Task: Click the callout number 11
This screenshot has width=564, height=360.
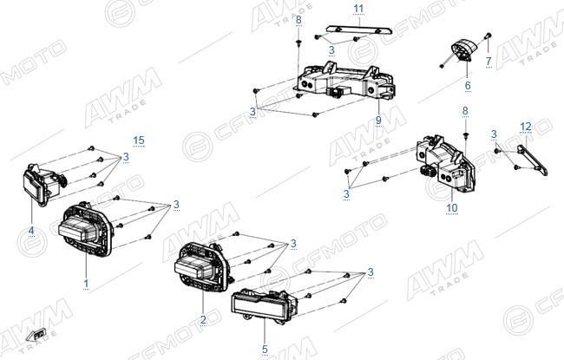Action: pos(358,9)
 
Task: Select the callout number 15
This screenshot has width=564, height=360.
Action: pos(139,141)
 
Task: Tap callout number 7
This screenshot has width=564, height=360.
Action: pos(489,61)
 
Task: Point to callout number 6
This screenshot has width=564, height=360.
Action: pos(468,86)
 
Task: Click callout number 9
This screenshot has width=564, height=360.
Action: pos(378,120)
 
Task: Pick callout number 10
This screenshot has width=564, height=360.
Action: pos(452,208)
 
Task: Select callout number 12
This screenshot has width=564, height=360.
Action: pos(526,127)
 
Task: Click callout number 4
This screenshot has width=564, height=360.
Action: pos(31,231)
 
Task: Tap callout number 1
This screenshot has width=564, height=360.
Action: pos(86,284)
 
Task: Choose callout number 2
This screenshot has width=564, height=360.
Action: pos(203,319)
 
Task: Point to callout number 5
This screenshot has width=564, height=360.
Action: pos(265,349)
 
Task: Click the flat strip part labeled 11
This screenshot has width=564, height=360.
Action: pos(357,29)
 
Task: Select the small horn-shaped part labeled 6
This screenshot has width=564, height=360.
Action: pos(463,52)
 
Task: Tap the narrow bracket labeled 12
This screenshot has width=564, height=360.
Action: pos(533,160)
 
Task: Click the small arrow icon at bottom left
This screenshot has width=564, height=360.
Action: pos(36,335)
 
